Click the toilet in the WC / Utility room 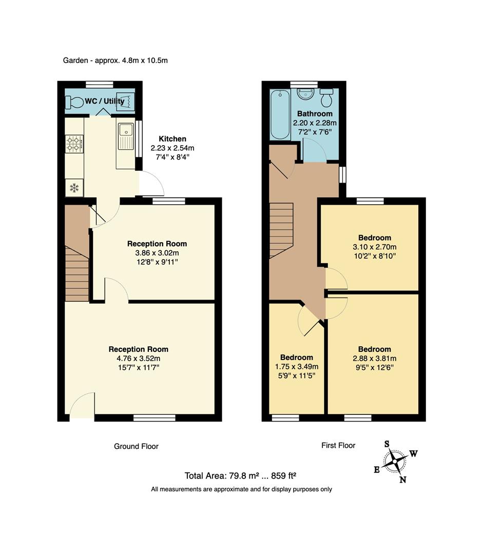click(x=75, y=103)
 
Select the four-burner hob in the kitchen click(x=74, y=144)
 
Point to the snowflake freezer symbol click(x=74, y=188)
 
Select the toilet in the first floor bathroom click(x=327, y=97)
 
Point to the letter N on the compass click(x=403, y=480)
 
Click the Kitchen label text click(x=172, y=138)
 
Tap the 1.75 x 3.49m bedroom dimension click(x=296, y=366)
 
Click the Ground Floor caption click(x=136, y=446)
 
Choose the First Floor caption click(x=338, y=445)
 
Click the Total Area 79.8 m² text click(x=241, y=476)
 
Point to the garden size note click(x=115, y=60)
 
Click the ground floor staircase click(x=77, y=272)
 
